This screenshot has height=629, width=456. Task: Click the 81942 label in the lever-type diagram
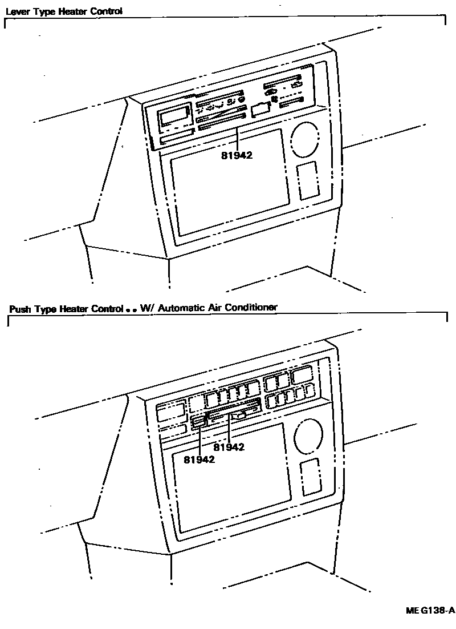(x=237, y=154)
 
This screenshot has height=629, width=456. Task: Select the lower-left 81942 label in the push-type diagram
(x=199, y=459)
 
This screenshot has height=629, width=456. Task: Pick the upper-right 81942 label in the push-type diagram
(x=229, y=447)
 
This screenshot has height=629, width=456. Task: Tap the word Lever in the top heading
(x=17, y=11)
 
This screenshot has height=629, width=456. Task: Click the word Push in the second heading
(x=21, y=309)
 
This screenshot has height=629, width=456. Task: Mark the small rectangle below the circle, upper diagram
(x=308, y=180)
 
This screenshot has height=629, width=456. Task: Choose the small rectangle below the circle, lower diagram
(x=311, y=476)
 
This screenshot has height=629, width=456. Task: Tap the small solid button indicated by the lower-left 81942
(x=198, y=422)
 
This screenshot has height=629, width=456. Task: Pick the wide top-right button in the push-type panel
(x=300, y=376)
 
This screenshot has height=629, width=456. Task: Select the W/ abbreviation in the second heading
(x=148, y=308)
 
